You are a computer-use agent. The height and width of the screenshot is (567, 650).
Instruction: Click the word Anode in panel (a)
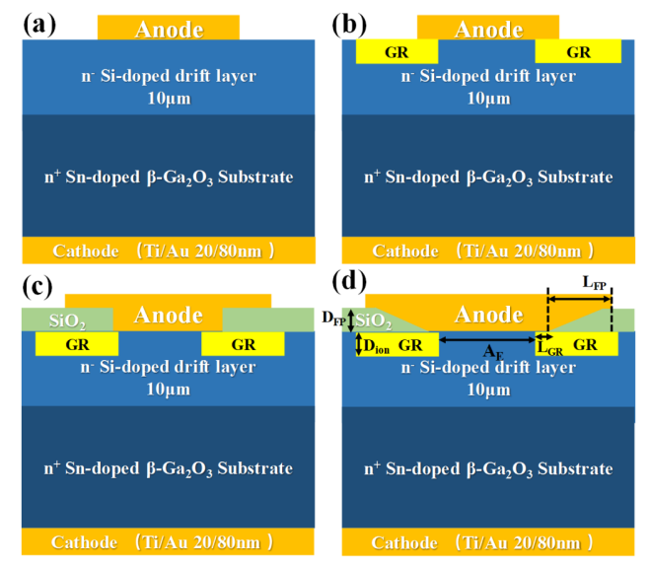click(x=169, y=29)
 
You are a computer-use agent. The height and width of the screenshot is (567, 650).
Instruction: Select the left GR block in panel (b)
click(x=397, y=51)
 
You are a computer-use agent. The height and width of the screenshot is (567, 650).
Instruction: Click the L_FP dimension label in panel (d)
click(x=594, y=283)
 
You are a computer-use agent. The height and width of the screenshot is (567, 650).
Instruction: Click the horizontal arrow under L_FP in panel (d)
click(x=580, y=298)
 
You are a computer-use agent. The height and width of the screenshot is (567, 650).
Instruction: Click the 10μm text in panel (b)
click(x=490, y=99)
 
